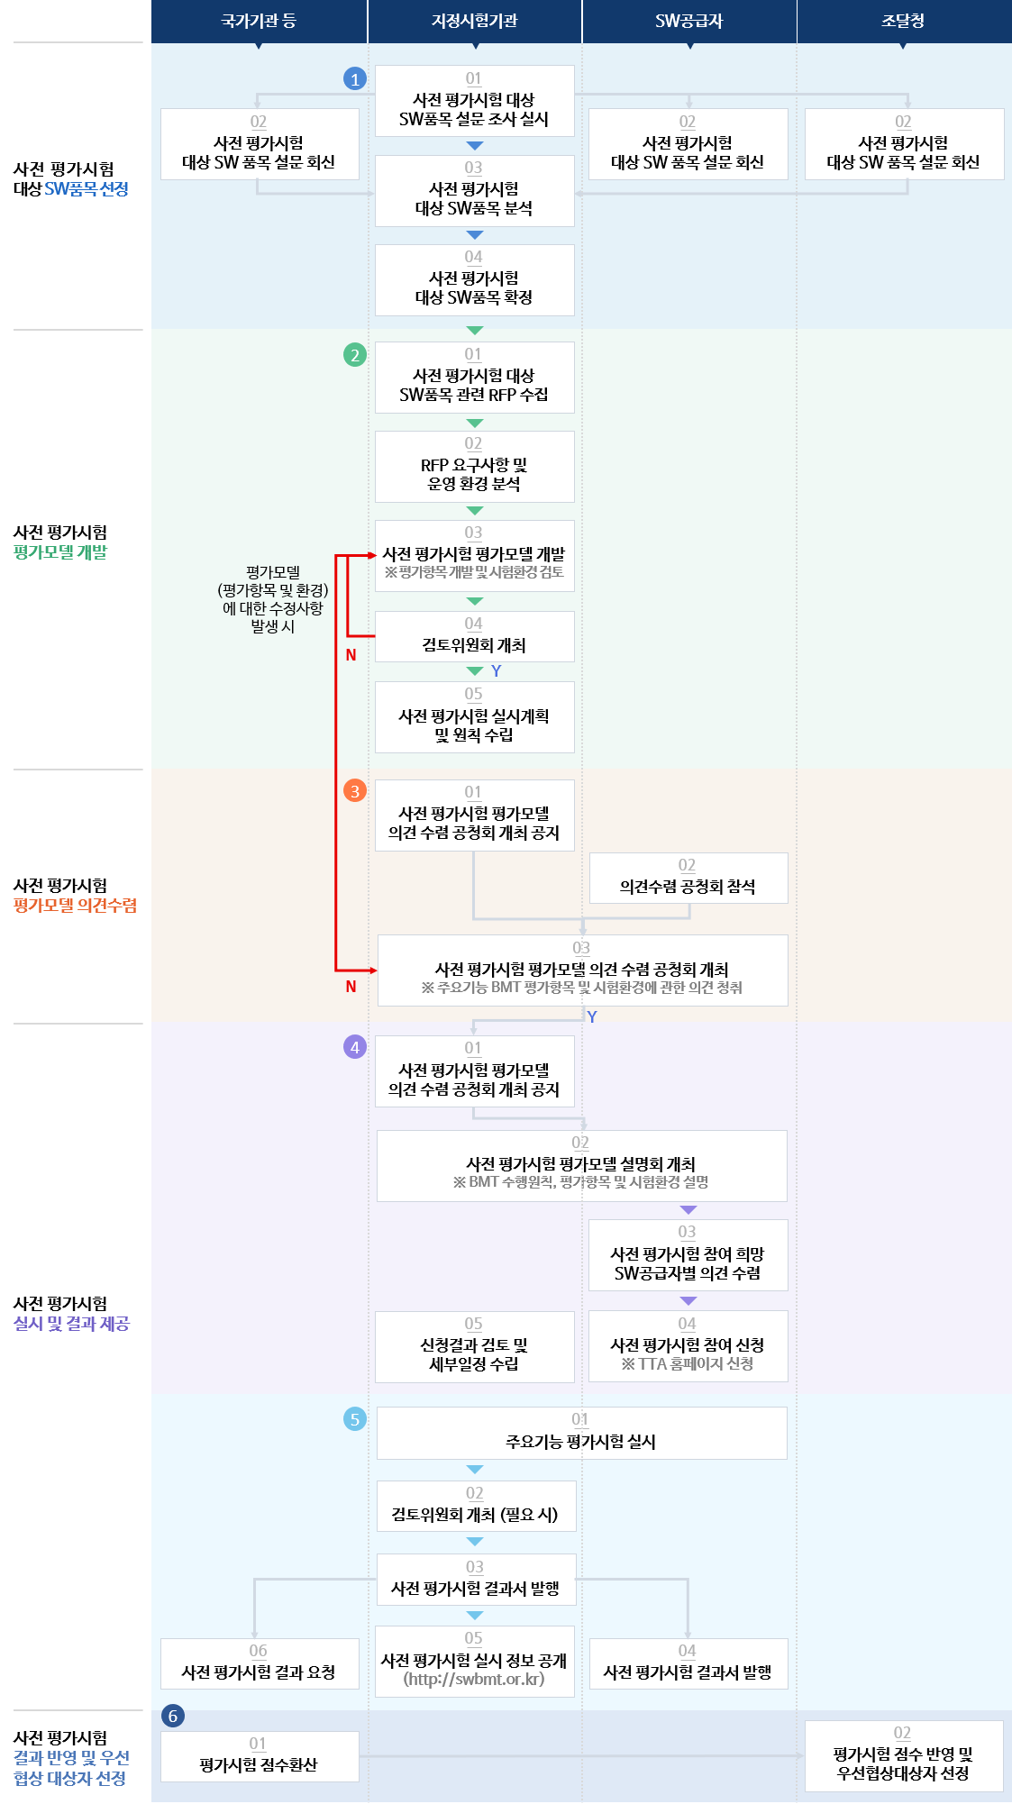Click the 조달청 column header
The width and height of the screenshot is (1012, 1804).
tap(904, 21)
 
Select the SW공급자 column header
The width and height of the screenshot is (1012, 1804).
tap(689, 21)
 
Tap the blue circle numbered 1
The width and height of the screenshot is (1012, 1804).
tap(355, 79)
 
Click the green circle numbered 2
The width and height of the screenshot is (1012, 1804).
tap(355, 355)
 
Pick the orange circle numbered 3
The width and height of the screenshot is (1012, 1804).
tap(355, 791)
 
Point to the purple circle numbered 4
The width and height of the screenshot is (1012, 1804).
tap(355, 1047)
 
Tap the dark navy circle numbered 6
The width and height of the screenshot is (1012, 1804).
tap(173, 1716)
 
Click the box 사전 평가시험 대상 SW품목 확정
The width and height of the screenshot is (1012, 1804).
tap(475, 280)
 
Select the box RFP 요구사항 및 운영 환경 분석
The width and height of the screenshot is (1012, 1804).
tap(475, 467)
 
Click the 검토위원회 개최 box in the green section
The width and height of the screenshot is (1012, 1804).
tap(475, 636)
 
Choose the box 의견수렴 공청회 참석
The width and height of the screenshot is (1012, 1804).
tap(688, 878)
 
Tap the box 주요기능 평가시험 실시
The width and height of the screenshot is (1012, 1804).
tap(582, 1433)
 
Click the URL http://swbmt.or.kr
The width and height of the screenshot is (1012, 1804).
tap(474, 1680)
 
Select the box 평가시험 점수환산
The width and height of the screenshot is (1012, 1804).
tap(260, 1756)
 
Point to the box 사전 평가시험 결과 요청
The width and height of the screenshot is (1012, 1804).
tap(260, 1663)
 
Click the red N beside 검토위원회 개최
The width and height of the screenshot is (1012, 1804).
tap(351, 655)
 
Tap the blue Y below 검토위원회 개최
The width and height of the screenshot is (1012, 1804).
tap(497, 671)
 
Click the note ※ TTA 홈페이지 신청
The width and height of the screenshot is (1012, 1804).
tap(688, 1364)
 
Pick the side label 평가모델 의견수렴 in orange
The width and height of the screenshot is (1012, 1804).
tap(76, 906)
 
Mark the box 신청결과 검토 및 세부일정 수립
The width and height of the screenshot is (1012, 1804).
tap(475, 1347)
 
